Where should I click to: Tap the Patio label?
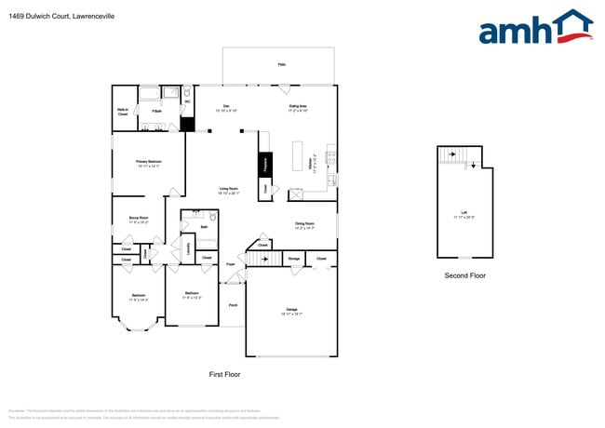[x=281, y=65]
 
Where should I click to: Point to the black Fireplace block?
[x=264, y=165]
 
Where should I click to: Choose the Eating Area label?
[x=300, y=108]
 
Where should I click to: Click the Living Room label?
[x=229, y=191]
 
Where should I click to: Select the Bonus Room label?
[x=139, y=221]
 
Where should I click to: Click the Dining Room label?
[x=304, y=225]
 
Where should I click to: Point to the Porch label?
[x=233, y=305]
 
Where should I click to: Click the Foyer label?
[x=230, y=265]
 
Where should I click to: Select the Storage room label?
[x=293, y=258]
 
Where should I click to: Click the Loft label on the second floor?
[x=463, y=216]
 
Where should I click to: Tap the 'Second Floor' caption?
[x=464, y=275]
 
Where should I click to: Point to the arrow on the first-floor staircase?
[x=253, y=254]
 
